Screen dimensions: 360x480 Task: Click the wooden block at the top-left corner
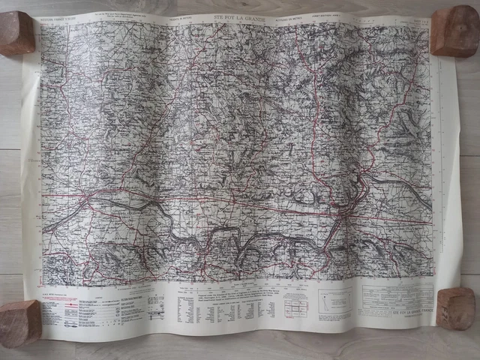(x=16, y=33)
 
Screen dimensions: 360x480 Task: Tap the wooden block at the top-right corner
(x=454, y=31)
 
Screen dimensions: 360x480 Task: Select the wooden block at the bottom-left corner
(x=20, y=322)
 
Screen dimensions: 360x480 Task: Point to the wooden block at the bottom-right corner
(x=455, y=307)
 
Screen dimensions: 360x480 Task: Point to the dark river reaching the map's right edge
(x=405, y=184)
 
